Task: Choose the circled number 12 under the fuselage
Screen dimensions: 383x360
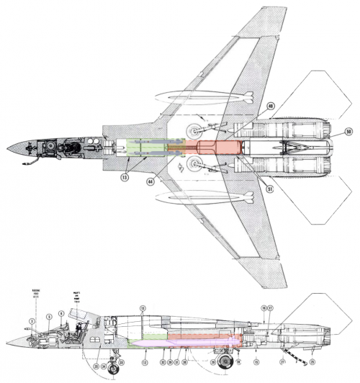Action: (x=145, y=361)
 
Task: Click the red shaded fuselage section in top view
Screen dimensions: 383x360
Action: (x=209, y=148)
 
